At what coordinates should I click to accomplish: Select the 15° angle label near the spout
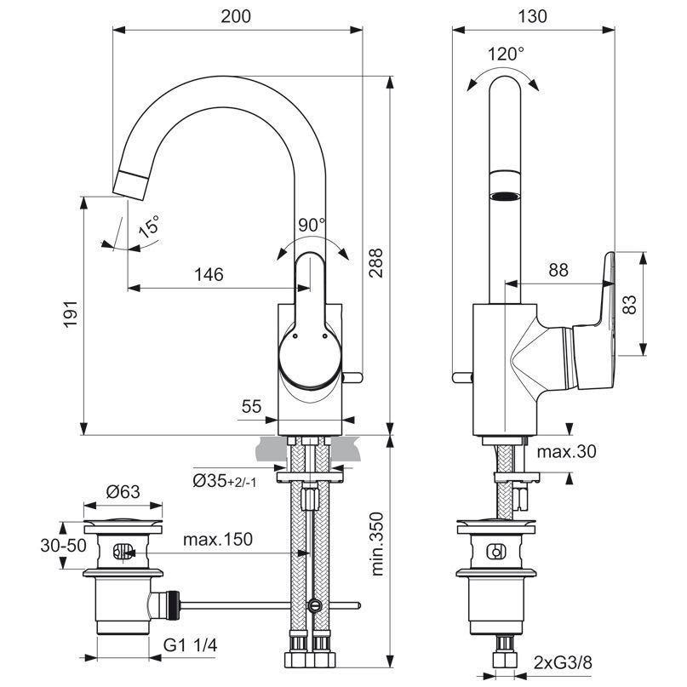coord(149,227)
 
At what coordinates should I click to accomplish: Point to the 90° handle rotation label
coord(312,226)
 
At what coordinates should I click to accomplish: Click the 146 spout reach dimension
coord(208,274)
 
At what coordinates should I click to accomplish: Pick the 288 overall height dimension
coord(376,265)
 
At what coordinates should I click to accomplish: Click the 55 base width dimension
coord(250,407)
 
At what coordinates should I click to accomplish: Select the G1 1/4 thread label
coord(191,647)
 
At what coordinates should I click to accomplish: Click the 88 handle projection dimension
coord(558,270)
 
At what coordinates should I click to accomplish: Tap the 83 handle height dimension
coord(630,305)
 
